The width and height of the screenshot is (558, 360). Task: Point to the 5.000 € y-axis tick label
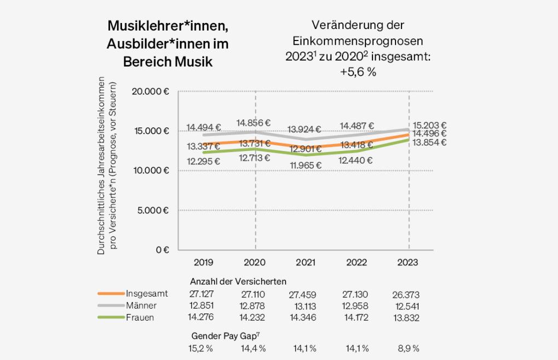[153, 210]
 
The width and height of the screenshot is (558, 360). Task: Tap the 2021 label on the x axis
[305, 263]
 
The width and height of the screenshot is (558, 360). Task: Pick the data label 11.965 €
[305, 165]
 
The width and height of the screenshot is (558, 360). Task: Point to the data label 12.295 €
[203, 161]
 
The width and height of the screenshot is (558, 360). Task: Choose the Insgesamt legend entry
[147, 293]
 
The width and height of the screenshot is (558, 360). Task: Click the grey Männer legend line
[110, 305]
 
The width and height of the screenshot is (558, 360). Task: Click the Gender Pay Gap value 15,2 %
[201, 349]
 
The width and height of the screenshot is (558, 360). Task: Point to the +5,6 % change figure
[358, 72]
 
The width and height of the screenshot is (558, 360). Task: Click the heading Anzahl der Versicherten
[238, 281]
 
